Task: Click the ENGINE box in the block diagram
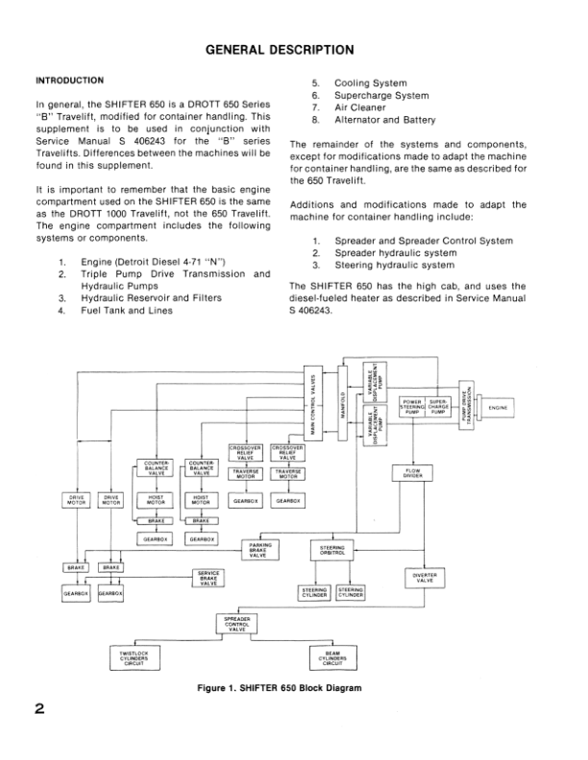(x=524, y=409)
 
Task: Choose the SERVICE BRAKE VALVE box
(x=208, y=579)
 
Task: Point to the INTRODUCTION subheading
(x=70, y=80)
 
